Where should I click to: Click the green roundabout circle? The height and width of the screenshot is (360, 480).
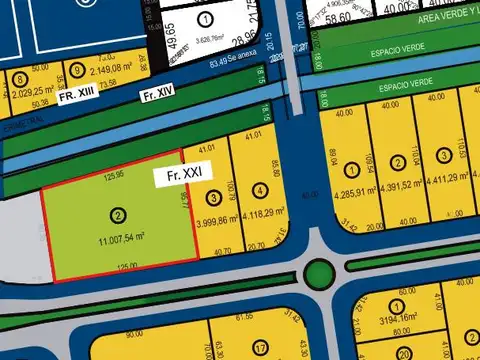(x=319, y=272)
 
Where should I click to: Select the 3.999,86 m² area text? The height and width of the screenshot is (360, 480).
(x=214, y=222)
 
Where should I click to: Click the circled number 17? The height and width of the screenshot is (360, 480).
(x=259, y=348)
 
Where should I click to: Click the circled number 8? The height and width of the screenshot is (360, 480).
(x=20, y=80)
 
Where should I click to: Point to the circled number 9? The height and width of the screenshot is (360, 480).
(x=78, y=70)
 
